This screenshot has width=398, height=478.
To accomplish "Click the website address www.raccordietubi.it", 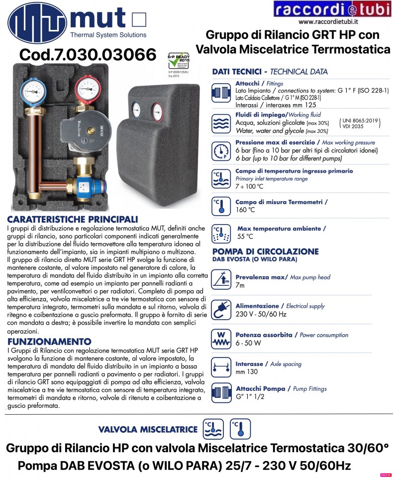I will [329, 21].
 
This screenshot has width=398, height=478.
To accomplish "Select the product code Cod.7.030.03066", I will [87, 54].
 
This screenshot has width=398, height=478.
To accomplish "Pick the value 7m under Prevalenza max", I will [240, 285].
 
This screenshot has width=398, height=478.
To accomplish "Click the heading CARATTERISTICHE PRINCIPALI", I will [73, 220].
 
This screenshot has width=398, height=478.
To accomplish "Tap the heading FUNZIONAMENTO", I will [50, 342].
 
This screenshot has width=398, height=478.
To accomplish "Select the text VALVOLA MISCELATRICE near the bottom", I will [149, 429].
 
